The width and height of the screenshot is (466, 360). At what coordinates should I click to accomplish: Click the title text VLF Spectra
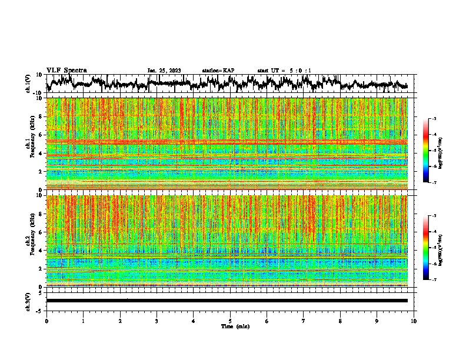pyautogui.click(x=66, y=70)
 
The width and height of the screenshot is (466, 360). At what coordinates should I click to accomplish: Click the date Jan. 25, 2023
pyautogui.click(x=164, y=71)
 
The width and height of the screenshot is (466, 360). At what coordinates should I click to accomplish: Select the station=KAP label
pyautogui.click(x=218, y=71)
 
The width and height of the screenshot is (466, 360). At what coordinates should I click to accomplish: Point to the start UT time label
pyautogui.click(x=284, y=71)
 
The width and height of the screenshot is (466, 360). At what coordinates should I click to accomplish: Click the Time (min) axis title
pyautogui.click(x=230, y=326)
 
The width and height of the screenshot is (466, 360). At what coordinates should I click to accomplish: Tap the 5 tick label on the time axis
pyautogui.click(x=230, y=320)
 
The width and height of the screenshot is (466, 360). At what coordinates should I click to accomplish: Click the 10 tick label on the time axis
pyautogui.click(x=414, y=320)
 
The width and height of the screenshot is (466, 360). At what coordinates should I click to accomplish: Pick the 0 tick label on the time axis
pyautogui.click(x=46, y=320)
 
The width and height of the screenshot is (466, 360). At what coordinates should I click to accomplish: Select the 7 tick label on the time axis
pyautogui.click(x=304, y=320)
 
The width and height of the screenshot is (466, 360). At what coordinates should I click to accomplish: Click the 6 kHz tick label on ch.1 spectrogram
pyautogui.click(x=41, y=135)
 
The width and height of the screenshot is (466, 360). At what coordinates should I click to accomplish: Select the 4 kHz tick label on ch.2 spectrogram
pyautogui.click(x=41, y=250)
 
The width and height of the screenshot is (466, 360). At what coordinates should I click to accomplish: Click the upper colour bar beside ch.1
pyautogui.click(x=432, y=151)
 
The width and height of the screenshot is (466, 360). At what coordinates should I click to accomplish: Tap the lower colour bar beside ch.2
pyautogui.click(x=432, y=248)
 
